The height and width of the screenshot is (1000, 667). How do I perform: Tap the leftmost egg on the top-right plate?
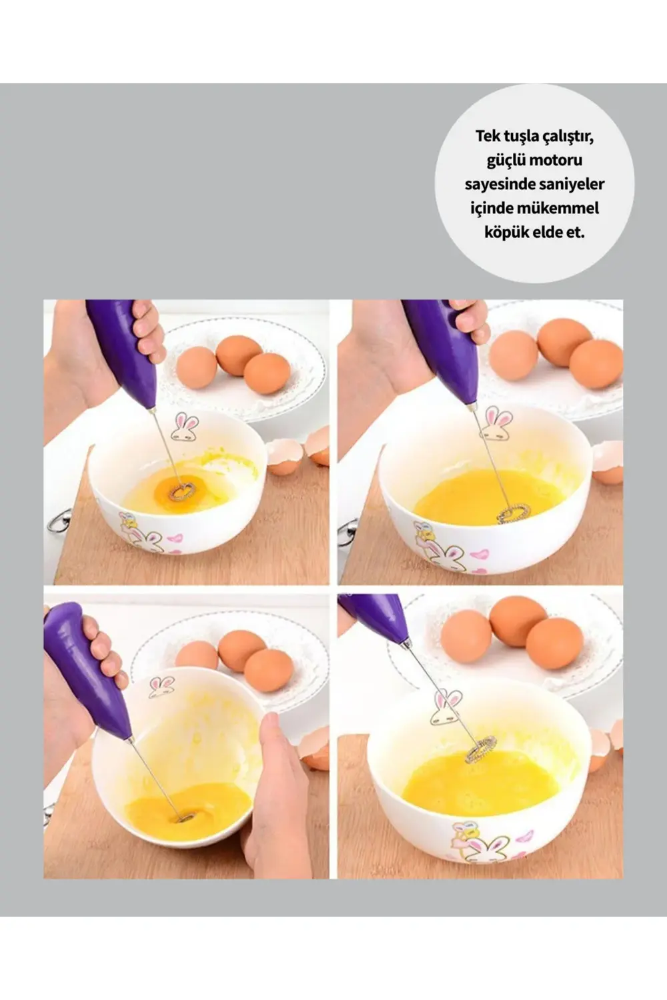[x=514, y=355]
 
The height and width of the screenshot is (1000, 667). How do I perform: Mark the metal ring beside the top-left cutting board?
[x=59, y=521]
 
